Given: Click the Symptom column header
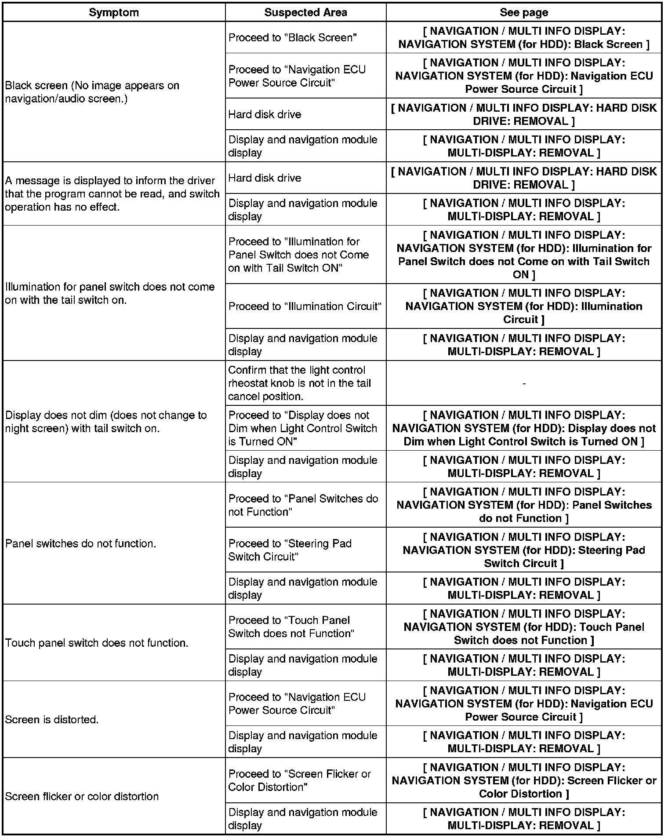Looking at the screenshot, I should tap(114, 12).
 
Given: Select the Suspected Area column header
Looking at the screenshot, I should tap(305, 12).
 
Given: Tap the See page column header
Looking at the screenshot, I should tap(523, 12).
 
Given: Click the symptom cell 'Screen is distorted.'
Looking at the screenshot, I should tap(52, 720).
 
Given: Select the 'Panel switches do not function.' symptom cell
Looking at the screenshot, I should tap(81, 543).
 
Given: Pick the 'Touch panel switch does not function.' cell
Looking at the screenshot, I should tap(97, 643).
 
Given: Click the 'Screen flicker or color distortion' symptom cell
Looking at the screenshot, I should tap(82, 796).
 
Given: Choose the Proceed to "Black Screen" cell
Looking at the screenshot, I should tap(292, 38).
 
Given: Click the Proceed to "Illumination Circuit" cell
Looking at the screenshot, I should tap(305, 306).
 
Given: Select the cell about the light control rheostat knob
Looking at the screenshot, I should tap(300, 383).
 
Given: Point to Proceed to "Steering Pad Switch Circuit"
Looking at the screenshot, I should tap(290, 550).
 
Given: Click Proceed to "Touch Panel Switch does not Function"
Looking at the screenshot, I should tap(291, 627).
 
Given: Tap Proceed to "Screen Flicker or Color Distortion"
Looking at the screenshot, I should tap(300, 780).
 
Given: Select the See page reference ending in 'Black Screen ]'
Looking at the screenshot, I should tap(524, 38).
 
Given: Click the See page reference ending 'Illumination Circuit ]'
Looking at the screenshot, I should tap(524, 306).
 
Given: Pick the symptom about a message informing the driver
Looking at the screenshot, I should tap(113, 194).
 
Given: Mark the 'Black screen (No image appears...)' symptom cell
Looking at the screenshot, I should tap(92, 92).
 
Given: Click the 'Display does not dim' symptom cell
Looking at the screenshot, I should tap(106, 422).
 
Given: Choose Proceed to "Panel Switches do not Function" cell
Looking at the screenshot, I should tap(303, 505).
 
